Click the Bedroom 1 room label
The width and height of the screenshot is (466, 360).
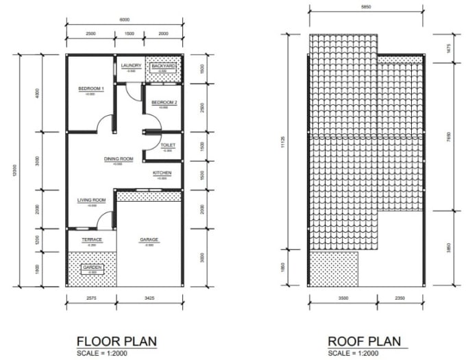pyautogui.click(x=90, y=89)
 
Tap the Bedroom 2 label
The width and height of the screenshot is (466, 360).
pyautogui.click(x=164, y=103)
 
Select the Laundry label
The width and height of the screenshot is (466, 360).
pyautogui.click(x=131, y=66)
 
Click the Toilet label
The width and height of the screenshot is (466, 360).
pyautogui.click(x=168, y=145)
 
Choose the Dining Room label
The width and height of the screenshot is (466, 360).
pyautogui.click(x=118, y=159)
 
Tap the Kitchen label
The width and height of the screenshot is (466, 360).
pyautogui.click(x=162, y=173)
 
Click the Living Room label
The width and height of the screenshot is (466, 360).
pyautogui.click(x=91, y=200)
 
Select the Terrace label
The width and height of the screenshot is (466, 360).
pyautogui.click(x=92, y=239)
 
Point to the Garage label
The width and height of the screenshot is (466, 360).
pyautogui.click(x=149, y=239)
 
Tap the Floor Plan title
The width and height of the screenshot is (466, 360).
pyautogui.click(x=116, y=341)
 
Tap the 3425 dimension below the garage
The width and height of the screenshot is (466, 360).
pyautogui.click(x=149, y=299)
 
